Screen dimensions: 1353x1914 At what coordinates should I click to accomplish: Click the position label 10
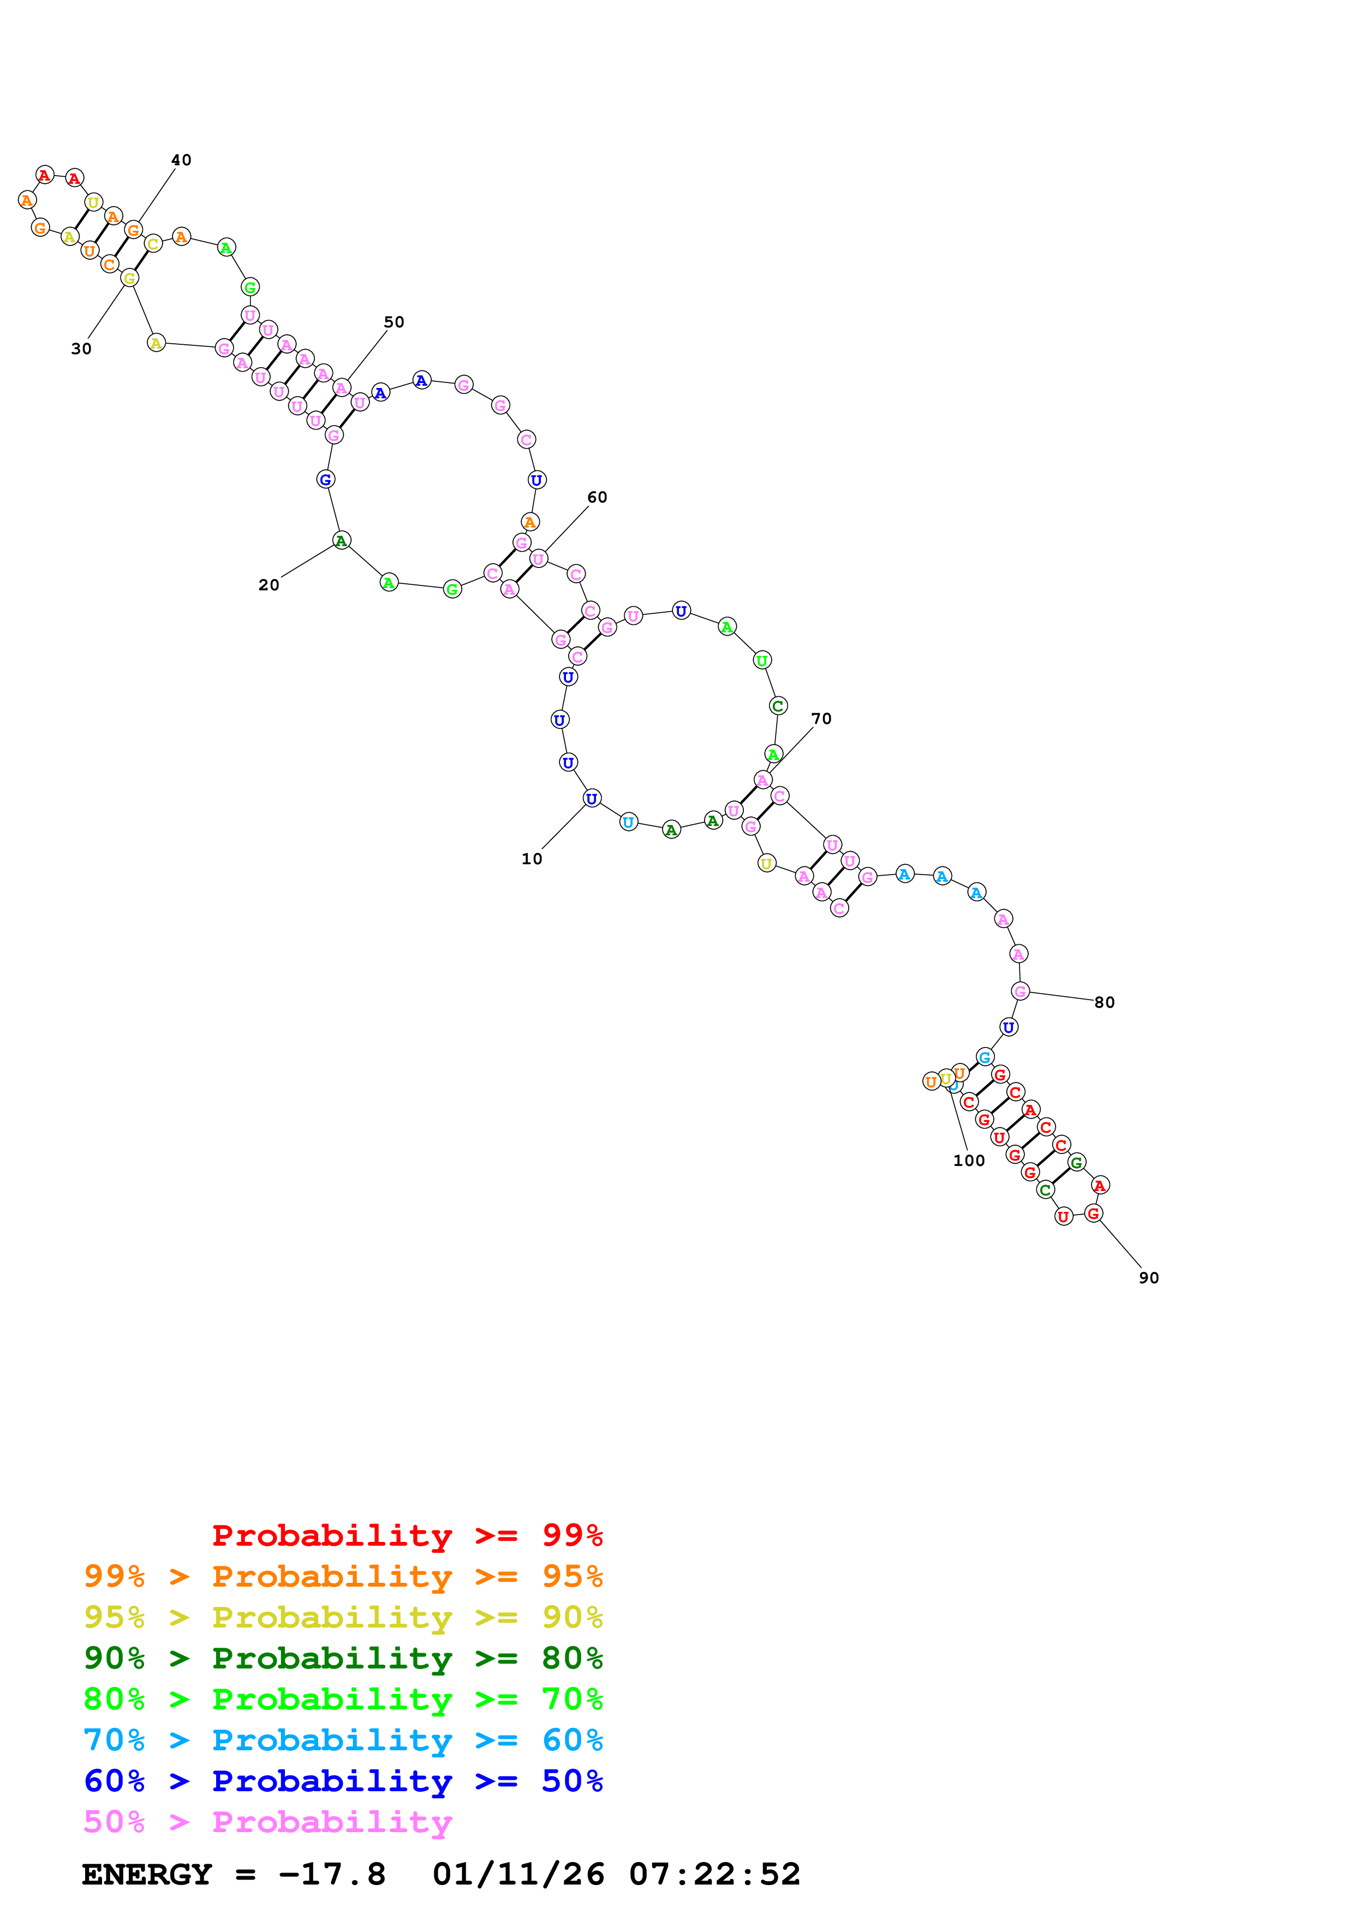point(532,859)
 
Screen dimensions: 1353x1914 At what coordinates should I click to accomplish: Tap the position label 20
point(269,585)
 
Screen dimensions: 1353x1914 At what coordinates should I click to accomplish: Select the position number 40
point(181,160)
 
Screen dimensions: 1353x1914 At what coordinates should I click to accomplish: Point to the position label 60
point(597,498)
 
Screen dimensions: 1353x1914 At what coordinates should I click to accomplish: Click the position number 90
point(1149,1278)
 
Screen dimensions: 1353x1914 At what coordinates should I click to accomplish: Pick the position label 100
point(969,1161)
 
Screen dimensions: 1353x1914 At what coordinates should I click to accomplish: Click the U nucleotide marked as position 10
point(591,799)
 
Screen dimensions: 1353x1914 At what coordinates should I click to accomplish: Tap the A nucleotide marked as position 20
point(341,541)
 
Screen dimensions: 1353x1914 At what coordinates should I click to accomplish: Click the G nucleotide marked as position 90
point(1094,1214)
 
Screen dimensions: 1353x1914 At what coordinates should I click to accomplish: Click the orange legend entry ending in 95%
point(343,1576)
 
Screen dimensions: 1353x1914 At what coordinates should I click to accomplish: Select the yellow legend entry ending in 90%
point(343,1617)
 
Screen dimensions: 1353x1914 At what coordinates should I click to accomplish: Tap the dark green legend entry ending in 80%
point(343,1658)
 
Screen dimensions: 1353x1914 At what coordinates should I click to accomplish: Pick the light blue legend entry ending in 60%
point(343,1740)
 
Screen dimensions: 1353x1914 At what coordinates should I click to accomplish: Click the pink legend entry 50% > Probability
point(267,1821)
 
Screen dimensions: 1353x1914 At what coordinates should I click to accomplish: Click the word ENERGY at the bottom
point(147,1874)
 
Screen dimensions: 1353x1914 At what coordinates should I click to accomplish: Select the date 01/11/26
point(518,1874)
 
